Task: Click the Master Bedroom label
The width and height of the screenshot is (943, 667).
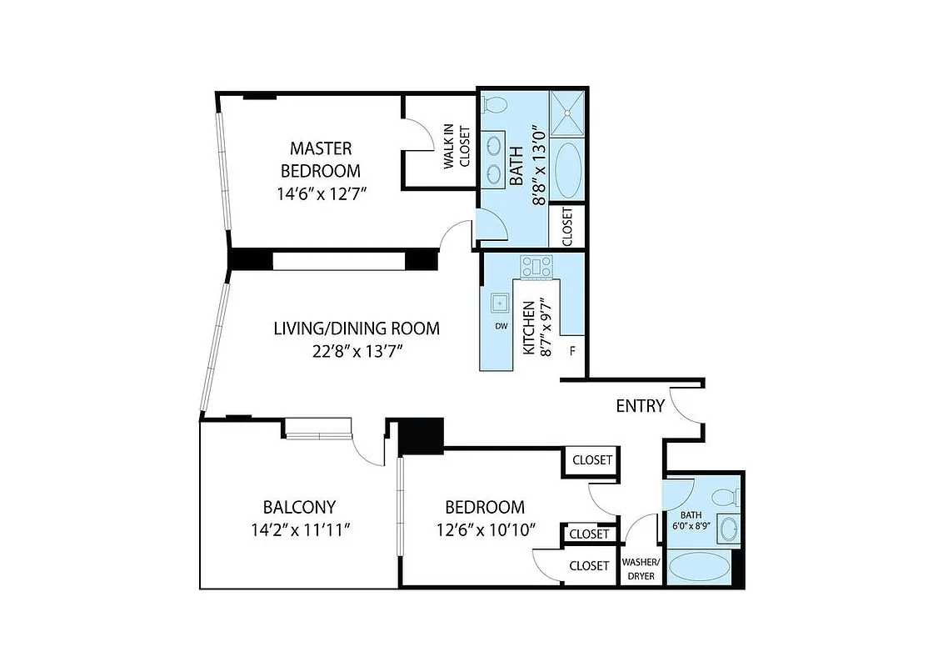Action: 321,159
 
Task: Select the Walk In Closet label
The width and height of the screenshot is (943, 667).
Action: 457,148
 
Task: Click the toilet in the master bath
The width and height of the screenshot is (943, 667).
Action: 496,105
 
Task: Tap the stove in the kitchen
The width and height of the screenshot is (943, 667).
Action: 537,267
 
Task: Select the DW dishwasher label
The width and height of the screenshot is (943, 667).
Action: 501,326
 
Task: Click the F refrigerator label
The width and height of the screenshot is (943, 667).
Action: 572,352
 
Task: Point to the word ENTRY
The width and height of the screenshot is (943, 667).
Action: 640,406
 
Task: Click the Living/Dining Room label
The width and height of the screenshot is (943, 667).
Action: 357,328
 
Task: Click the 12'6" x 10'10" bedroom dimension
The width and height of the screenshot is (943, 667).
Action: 484,529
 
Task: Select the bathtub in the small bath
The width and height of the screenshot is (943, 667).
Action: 700,569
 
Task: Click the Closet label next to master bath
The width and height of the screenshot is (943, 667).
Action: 567,225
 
